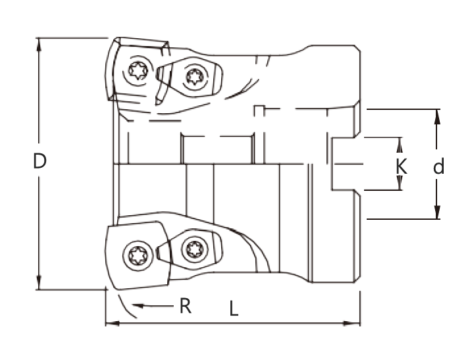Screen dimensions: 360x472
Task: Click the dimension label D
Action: (x=39, y=161)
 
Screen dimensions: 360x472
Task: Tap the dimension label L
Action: (x=234, y=309)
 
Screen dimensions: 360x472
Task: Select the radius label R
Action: (x=186, y=305)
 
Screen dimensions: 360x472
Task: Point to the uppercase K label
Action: (x=401, y=166)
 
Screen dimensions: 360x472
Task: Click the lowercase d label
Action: (x=438, y=167)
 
